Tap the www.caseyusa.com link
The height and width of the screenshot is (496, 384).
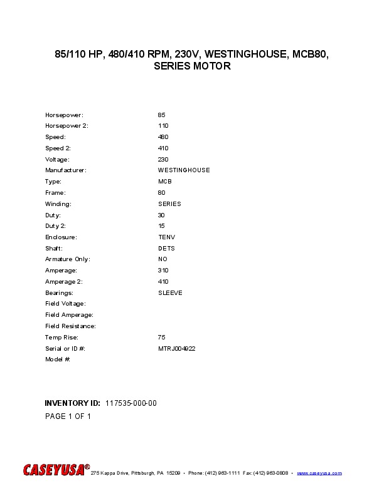click(319, 473)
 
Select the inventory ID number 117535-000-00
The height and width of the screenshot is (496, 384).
click(131, 403)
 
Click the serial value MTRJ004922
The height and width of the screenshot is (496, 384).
click(176, 348)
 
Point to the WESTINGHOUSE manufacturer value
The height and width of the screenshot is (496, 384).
click(184, 170)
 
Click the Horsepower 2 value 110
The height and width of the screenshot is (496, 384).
click(163, 126)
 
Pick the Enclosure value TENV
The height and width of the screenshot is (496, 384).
click(166, 237)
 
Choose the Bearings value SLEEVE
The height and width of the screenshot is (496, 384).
click(170, 292)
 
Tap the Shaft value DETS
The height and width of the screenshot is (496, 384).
click(166, 248)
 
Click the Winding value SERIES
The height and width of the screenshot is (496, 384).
click(169, 204)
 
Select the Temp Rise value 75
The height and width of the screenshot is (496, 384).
click(161, 337)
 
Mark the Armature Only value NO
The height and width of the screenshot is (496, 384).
click(163, 259)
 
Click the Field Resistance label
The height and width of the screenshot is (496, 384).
click(70, 326)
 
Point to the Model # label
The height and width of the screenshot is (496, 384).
click(57, 359)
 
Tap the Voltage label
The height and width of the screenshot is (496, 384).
click(57, 159)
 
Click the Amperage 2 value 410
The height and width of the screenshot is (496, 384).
click(163, 282)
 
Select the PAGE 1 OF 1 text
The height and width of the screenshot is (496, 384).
click(68, 416)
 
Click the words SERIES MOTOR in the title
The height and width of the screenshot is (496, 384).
click(192, 66)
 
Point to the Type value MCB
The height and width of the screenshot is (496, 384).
click(164, 182)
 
